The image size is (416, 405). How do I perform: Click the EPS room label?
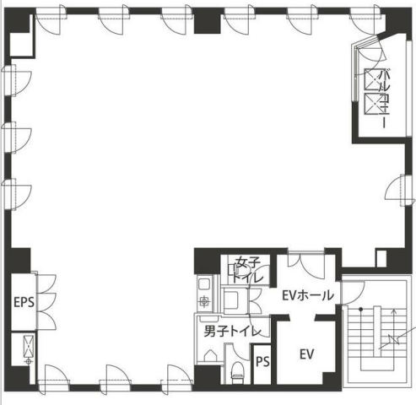coord(24,303)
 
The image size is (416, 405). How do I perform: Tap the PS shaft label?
coord(262,362)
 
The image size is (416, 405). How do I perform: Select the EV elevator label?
coord(306,354)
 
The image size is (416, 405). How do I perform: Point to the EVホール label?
coord(308,295)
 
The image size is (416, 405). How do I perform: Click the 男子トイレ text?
coord(233,331)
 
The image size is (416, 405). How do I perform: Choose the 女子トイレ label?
coord(247,270)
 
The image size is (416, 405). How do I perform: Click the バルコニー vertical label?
coord(383,100)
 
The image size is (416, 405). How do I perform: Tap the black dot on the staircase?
coord(361,310)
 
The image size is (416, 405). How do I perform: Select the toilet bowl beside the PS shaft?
coord(237,370)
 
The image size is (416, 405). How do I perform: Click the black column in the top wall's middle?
coord(207,20)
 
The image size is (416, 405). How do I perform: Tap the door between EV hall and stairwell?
coord(352,293)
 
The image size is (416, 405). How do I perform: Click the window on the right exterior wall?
coord(400,190)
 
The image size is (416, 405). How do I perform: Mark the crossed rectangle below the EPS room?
coord(30,346)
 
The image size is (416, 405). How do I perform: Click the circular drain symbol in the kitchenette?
coord(204,302)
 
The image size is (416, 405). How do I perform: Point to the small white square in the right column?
coord(381,257)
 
